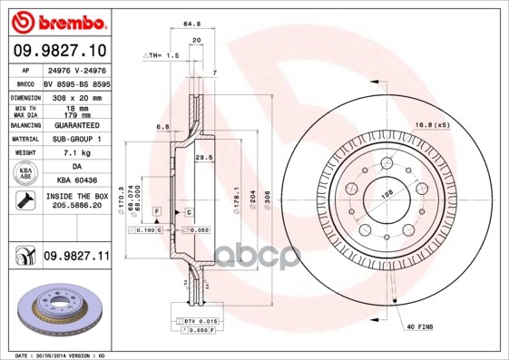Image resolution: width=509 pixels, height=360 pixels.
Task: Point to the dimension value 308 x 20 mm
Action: [x=75, y=95]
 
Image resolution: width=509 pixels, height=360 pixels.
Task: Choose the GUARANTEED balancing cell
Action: [x=75, y=124]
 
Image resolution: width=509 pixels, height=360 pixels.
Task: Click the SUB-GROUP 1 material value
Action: [x=75, y=139]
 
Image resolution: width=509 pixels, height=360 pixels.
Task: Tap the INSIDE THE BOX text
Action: [x=75, y=196]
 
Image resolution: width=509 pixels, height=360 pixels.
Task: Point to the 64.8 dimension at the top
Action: [x=191, y=24]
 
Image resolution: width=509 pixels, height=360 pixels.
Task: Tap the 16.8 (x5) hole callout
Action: [x=433, y=124]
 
